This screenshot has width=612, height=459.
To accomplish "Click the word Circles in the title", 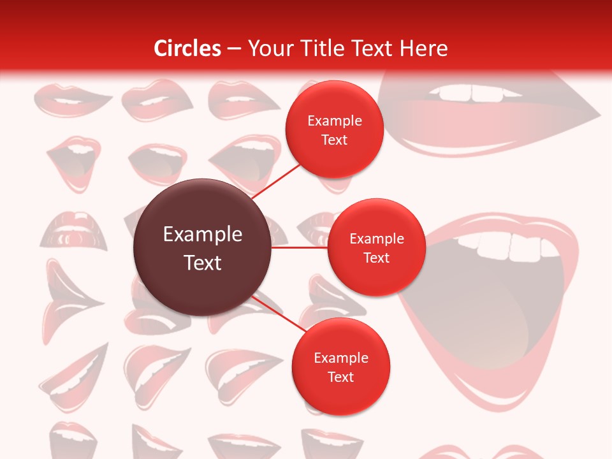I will click(x=187, y=48).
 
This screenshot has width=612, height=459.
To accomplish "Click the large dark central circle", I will click(x=202, y=247).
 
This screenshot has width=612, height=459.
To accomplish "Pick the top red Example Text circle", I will click(x=334, y=129).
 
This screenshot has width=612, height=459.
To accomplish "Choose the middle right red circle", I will click(x=376, y=247).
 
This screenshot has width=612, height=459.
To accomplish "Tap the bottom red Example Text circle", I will click(x=340, y=367).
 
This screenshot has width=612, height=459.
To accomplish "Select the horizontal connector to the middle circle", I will click(x=299, y=247).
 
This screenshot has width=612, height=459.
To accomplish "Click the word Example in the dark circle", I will click(x=202, y=234).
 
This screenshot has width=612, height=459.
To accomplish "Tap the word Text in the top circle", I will click(x=334, y=140).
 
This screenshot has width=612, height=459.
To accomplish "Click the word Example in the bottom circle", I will click(x=340, y=358).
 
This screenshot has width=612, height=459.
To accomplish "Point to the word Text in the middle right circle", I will click(x=376, y=258).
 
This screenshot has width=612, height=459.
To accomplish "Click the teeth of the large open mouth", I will click(x=510, y=245).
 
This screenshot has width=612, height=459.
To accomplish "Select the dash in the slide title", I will click(x=234, y=48).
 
